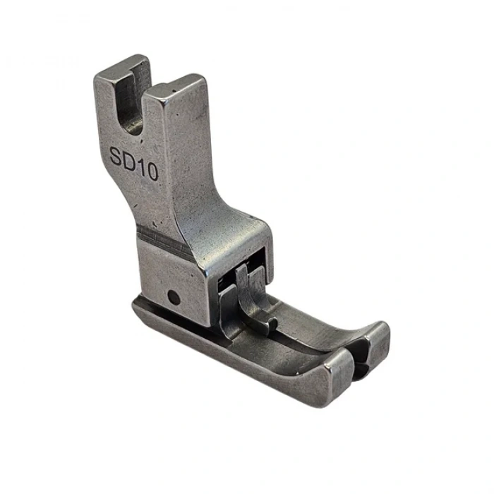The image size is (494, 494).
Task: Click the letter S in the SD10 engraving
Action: click(116, 156)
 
